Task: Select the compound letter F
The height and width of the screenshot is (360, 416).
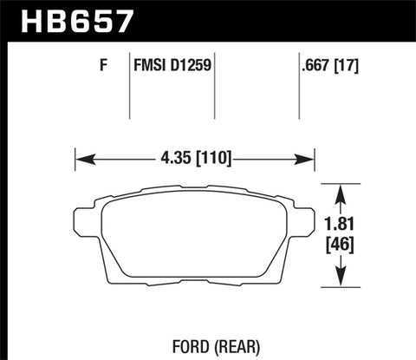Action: (103, 64)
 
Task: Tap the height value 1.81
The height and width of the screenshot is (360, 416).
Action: (348, 222)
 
